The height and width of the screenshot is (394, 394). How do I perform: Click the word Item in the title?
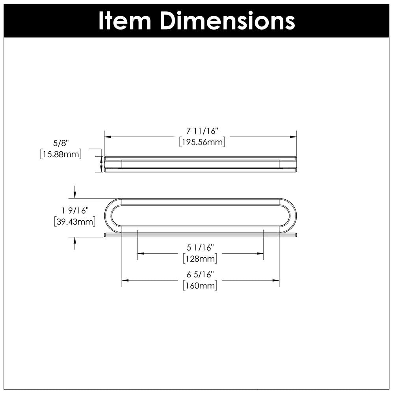coord(125,21)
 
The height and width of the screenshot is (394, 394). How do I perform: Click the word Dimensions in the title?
coord(227,21)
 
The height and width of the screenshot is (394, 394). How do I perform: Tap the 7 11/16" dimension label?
coord(202,131)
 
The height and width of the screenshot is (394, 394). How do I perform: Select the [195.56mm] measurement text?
coord(202,142)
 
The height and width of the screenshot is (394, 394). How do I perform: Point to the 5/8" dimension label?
coord(61,143)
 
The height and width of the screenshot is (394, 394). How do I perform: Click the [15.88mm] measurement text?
coord(61,154)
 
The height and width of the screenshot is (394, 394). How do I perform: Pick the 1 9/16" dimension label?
coord(75,210)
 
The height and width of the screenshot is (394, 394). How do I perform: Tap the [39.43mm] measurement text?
coord(74,221)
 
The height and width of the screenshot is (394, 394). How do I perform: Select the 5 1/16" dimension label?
coord(200,247)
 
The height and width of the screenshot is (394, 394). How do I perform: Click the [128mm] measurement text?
coord(200,258)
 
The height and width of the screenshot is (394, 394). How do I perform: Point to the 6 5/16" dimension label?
coord(200,274)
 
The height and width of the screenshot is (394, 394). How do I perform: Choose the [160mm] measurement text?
coord(200,285)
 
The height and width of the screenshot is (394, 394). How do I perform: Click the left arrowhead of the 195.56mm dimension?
coord(108,137)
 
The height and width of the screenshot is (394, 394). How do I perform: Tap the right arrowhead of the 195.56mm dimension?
coord(293,137)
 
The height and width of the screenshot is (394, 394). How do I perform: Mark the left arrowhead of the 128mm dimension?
coord(141,253)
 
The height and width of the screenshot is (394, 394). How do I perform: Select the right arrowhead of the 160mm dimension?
coord(276,280)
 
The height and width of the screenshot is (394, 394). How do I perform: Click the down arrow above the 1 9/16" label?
coord(74,192)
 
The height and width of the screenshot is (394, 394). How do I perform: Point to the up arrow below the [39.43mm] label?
coord(74,243)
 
